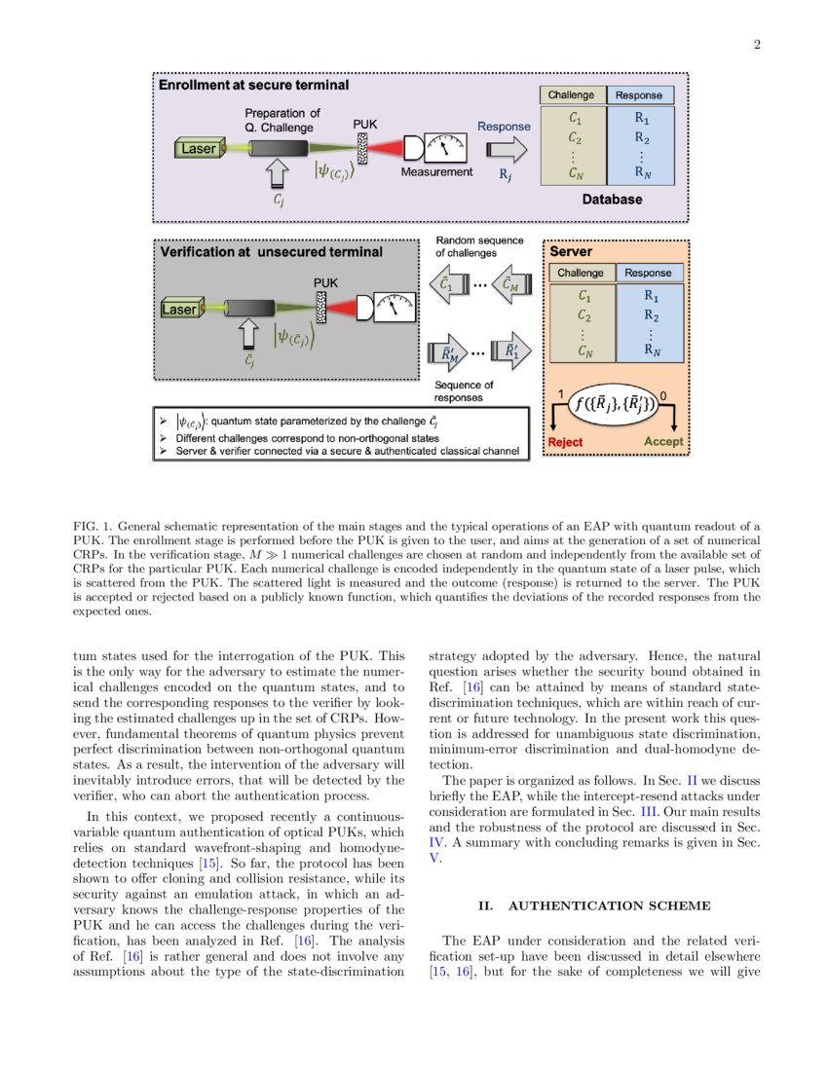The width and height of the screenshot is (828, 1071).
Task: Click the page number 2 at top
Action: click(x=756, y=43)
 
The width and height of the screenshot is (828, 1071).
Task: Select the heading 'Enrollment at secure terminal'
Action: click(x=253, y=86)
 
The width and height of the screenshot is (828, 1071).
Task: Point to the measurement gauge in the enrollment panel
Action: click(x=445, y=147)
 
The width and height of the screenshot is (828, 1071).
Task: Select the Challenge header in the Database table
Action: click(x=572, y=95)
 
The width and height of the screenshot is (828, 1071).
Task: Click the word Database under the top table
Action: click(x=612, y=200)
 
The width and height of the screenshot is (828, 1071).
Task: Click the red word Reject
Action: click(x=566, y=441)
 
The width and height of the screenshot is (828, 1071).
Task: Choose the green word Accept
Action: click(x=663, y=441)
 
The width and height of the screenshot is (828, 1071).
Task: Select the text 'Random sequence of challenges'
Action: click(x=479, y=247)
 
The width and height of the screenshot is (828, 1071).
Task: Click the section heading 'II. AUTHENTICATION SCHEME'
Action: click(x=593, y=905)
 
